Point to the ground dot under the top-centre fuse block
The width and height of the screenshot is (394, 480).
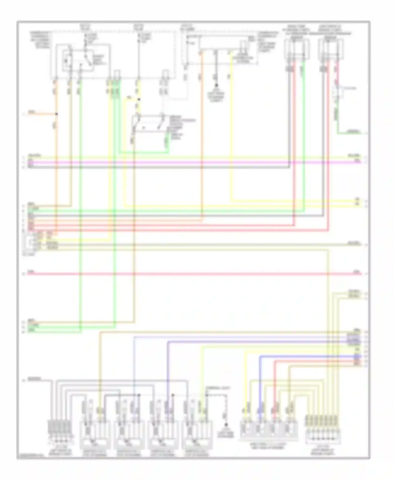tap(216, 86)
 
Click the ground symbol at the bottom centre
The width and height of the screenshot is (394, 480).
tap(225, 425)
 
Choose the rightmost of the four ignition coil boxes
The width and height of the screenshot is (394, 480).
tap(197, 433)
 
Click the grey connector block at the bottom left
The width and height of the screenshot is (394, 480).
tap(59, 427)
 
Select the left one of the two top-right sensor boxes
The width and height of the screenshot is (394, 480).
tap(296, 49)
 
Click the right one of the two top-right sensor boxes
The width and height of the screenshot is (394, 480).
tap(330, 49)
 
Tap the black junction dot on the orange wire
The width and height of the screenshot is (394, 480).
tap(56, 114)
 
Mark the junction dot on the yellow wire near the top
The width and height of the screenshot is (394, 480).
tap(139, 99)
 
